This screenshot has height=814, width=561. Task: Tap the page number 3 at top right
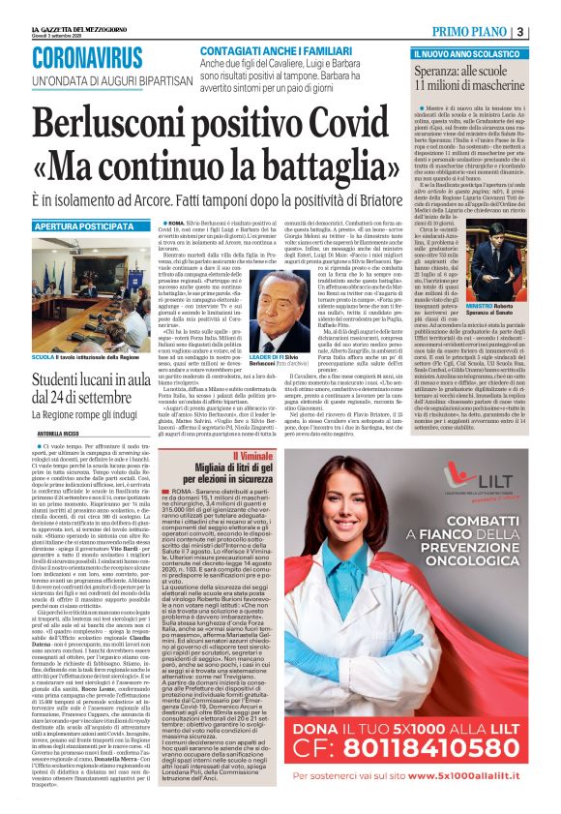548,31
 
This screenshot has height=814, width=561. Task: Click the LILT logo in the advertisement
498,476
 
